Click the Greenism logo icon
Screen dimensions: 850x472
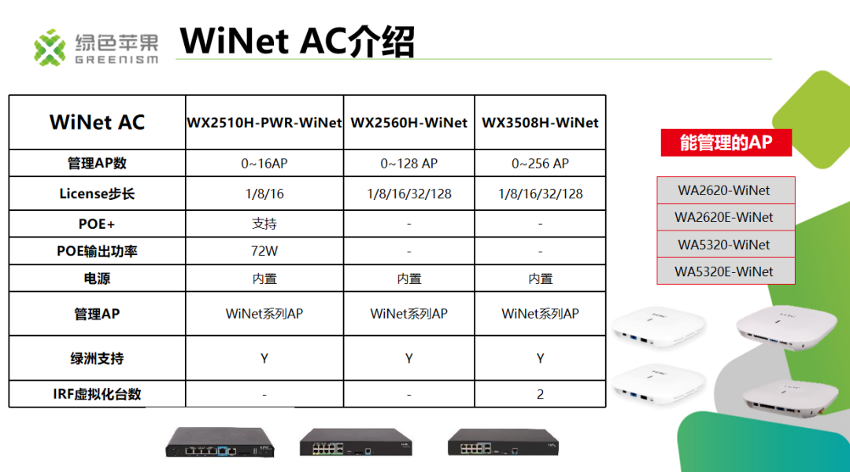(50, 47)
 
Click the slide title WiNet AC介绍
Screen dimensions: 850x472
(297, 41)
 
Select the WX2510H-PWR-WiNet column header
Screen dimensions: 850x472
(264, 123)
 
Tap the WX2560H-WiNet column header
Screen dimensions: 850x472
(409, 123)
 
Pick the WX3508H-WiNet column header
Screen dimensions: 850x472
(540, 123)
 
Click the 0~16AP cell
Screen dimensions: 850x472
(264, 164)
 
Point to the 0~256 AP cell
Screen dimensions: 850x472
(540, 164)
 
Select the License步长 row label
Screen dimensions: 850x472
(97, 194)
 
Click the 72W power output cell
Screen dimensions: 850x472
(264, 252)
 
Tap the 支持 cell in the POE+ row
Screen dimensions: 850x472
(264, 224)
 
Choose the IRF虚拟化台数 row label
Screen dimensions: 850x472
(97, 394)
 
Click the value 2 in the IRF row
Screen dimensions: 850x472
(540, 394)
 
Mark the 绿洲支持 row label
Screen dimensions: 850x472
(97, 358)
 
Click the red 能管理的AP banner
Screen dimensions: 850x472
(726, 142)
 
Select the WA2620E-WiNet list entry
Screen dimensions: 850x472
(724, 217)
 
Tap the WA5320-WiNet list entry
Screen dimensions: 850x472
(724, 245)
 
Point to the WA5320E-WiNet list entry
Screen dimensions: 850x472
(724, 271)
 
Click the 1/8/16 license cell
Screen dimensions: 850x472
(264, 194)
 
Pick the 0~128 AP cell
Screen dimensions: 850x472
(409, 164)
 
